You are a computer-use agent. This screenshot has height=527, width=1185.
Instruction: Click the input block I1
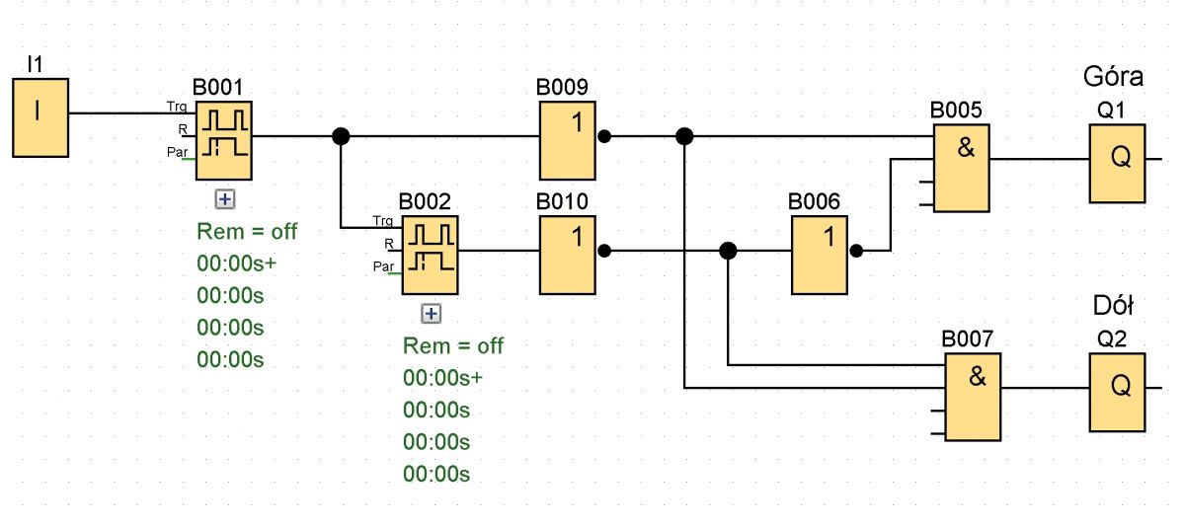tap(40, 117)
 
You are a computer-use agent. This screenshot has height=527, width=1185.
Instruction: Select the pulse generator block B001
tap(224, 140)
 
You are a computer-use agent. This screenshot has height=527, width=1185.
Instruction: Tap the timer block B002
tap(431, 255)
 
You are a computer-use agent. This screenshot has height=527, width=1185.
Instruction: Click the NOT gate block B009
tap(568, 140)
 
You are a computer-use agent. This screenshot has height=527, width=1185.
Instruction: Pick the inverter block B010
tap(568, 255)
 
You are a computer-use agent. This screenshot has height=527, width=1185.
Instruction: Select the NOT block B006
tap(820, 255)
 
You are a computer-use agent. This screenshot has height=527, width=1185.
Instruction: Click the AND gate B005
tap(961, 168)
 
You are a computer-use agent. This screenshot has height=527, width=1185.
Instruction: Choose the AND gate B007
tap(973, 397)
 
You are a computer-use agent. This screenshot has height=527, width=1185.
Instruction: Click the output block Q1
tap(1117, 164)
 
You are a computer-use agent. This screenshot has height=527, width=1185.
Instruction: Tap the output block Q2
tap(1117, 392)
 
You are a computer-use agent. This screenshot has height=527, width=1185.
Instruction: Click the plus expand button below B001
tap(225, 199)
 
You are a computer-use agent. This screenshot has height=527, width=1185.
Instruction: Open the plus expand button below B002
tap(432, 314)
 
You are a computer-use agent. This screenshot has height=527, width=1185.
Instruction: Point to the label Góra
tap(1113, 77)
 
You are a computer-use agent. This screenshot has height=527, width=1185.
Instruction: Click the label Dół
tap(1113, 306)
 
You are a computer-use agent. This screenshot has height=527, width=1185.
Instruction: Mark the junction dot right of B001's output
tap(341, 136)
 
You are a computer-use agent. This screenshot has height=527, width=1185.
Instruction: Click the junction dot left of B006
tap(728, 251)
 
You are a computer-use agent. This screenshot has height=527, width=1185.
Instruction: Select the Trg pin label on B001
tap(177, 107)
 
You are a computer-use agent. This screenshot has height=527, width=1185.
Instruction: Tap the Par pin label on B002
tap(383, 265)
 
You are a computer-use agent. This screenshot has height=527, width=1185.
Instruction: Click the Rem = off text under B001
tap(247, 232)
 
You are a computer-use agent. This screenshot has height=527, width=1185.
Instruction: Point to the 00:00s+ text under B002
tap(442, 378)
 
